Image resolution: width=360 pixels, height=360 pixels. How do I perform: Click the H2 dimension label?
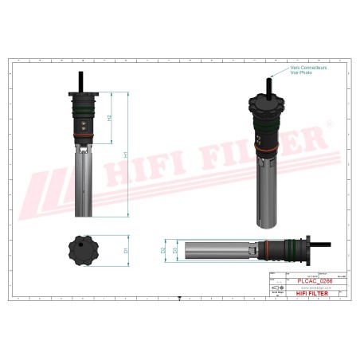point(109,118)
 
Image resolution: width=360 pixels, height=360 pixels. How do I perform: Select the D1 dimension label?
point(125,250)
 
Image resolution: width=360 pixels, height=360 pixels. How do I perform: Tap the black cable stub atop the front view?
point(82,80)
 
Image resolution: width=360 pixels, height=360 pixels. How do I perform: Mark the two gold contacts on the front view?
point(82,125)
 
